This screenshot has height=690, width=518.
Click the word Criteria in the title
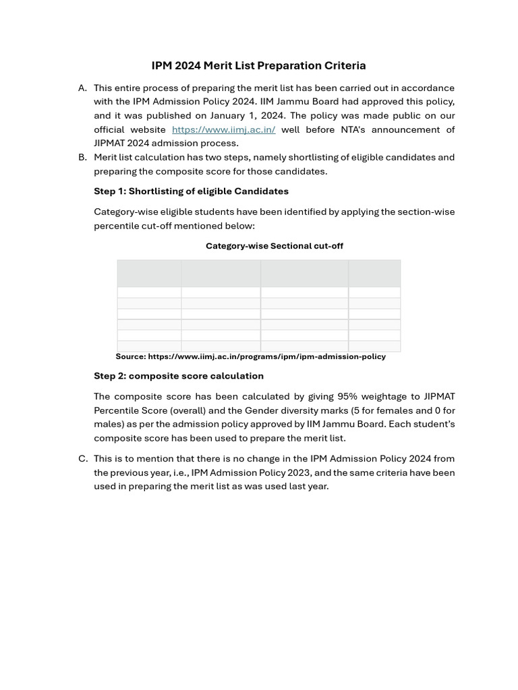pyautogui.click(x=344, y=65)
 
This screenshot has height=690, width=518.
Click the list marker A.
pyautogui.click(x=82, y=88)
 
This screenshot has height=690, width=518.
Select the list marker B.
pyautogui.click(x=82, y=157)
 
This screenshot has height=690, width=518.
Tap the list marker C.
pyautogui.click(x=83, y=458)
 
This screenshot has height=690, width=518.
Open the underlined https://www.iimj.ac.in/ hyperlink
pyautogui.click(x=223, y=129)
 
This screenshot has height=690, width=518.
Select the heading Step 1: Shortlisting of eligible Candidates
pyautogui.click(x=191, y=191)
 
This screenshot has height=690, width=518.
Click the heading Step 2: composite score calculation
pyautogui.click(x=179, y=376)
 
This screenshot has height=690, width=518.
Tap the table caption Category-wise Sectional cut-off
pyautogui.click(x=274, y=246)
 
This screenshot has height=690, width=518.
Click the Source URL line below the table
pyautogui.click(x=250, y=356)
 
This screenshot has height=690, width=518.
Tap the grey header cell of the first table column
pyautogui.click(x=149, y=274)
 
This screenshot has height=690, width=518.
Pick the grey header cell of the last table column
pyautogui.click(x=374, y=274)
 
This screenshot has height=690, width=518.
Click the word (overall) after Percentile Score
pyautogui.click(x=188, y=410)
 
